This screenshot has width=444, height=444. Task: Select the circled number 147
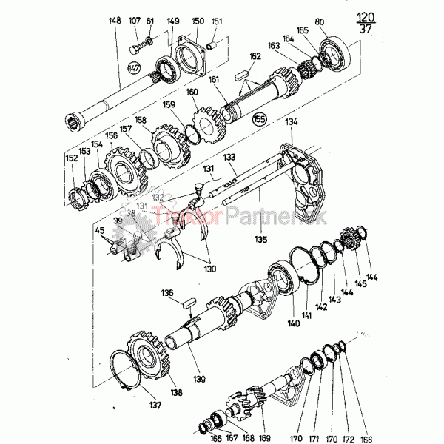click(134, 68)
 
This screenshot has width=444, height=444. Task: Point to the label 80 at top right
click(340, 21)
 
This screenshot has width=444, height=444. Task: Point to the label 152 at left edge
click(70, 158)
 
